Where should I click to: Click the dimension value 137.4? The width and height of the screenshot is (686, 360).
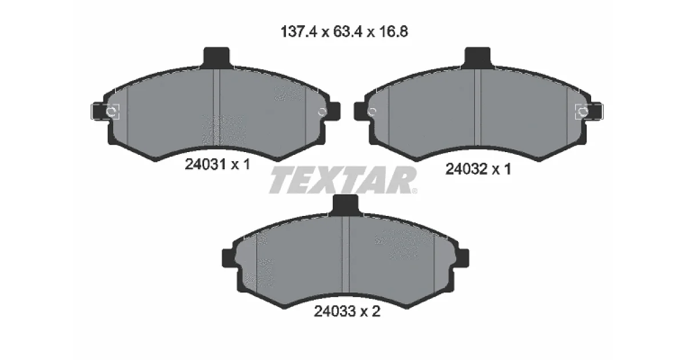[x=299, y=32]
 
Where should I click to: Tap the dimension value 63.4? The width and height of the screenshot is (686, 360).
[x=348, y=32]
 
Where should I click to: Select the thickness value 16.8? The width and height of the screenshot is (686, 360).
[x=393, y=32]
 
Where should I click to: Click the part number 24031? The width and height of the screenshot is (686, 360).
[x=205, y=165]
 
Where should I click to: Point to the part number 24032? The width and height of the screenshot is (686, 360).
[x=466, y=169]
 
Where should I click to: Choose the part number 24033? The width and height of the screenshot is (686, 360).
[x=335, y=311]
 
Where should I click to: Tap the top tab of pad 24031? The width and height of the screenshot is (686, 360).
[x=217, y=57]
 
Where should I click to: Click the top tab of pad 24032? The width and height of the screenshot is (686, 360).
[x=477, y=57]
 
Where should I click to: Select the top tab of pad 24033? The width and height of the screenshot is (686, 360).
[x=345, y=205]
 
